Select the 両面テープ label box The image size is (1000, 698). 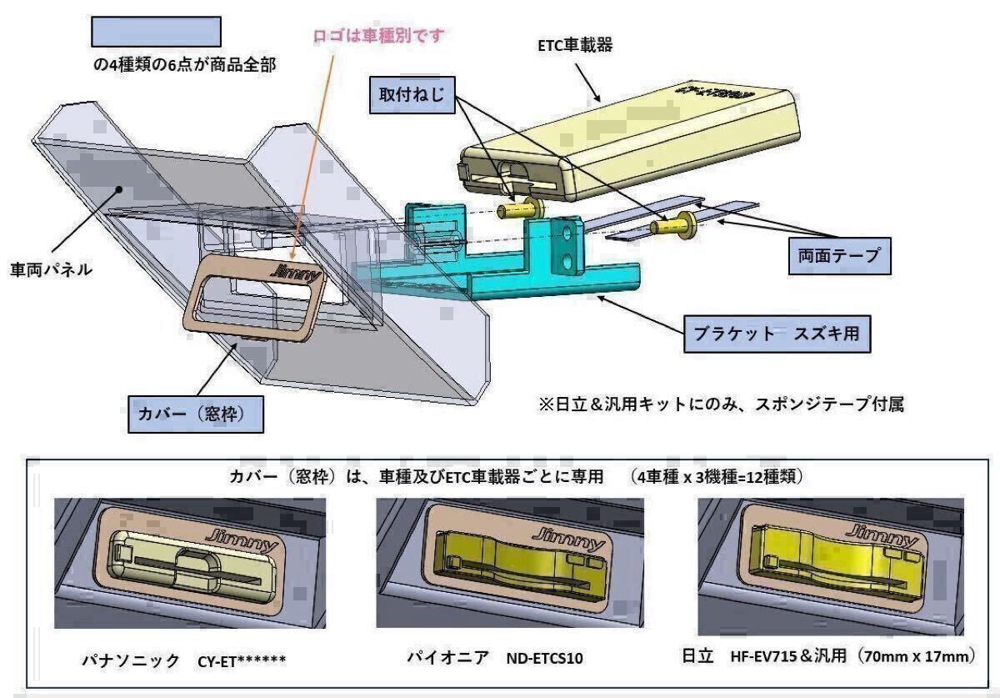(840, 256)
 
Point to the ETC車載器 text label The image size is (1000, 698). (575, 46)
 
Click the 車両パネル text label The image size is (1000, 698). (52, 270)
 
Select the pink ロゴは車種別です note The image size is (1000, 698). (380, 36)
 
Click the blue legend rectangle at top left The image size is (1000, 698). (155, 32)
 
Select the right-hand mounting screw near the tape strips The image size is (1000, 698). (677, 224)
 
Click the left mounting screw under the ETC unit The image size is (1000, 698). (519, 210)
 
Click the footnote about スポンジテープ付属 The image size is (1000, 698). (722, 404)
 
